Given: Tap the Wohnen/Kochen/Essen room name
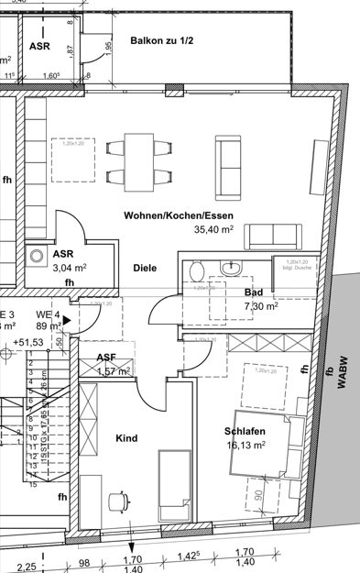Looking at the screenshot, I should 172,215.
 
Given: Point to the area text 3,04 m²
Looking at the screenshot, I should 70,268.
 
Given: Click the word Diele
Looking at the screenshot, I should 144,268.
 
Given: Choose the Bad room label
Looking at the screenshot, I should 254,291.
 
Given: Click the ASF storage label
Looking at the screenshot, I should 106,358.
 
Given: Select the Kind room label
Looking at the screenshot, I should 125,438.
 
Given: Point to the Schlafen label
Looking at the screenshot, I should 244,431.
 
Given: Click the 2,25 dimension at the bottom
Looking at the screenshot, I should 26,565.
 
